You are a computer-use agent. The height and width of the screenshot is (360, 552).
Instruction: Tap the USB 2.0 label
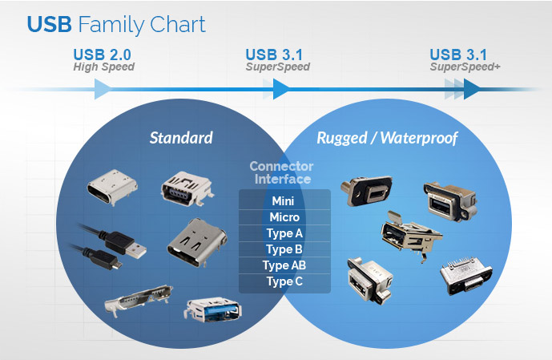103,55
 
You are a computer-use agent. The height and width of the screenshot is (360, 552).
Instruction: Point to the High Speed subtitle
103,67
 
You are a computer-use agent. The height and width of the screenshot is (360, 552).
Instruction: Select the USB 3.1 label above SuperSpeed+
458,55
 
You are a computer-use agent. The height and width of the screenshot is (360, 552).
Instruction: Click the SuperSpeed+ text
465,67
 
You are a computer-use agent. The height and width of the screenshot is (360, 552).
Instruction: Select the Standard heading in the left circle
181,138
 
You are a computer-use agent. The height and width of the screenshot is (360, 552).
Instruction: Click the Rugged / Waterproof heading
387,138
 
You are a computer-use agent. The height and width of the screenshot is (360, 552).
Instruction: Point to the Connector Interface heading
280,172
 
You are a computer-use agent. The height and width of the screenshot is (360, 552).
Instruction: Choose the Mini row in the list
284,200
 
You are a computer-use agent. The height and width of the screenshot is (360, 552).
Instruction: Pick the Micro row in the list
284,217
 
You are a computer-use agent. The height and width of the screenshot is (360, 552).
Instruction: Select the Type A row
284,233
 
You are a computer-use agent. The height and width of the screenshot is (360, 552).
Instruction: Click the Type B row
284,249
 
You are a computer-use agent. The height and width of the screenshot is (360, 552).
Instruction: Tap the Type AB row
284,265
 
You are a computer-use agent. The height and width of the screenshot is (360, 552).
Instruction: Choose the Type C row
284,281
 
